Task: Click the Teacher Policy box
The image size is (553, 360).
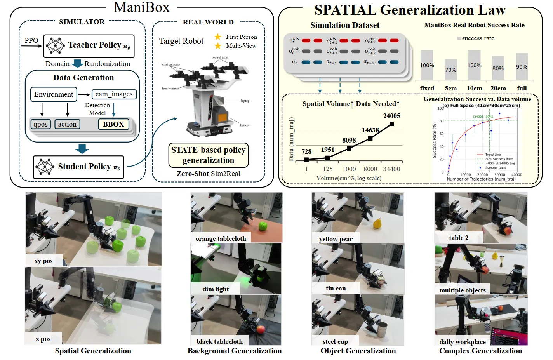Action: coord(89,46)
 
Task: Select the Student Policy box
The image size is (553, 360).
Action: coord(78,167)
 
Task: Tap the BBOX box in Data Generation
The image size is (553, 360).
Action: coord(113,124)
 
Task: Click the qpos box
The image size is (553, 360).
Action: coord(41,124)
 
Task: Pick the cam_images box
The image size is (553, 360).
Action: coord(114,94)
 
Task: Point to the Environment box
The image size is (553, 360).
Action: coord(54,94)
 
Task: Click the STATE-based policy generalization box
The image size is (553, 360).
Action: coord(208,155)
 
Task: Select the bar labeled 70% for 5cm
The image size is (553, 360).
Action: coord(450,70)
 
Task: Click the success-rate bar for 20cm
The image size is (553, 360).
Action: coord(498,68)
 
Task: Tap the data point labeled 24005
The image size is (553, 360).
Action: coord(391,124)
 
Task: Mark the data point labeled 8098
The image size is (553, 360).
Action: coord(349,148)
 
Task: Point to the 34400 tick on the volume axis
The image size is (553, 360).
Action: coord(391,169)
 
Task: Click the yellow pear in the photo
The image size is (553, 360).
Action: coord(377,223)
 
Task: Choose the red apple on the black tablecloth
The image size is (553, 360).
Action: coord(261,330)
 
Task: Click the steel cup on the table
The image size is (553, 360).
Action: coord(382,330)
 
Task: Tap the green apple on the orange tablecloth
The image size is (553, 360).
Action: coord(263,226)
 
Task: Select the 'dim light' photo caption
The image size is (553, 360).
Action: coord(216,289)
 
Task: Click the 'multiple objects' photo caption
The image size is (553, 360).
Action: coord(462,290)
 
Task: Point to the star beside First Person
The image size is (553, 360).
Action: coord(218,37)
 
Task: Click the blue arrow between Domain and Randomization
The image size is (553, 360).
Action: coord(78,63)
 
